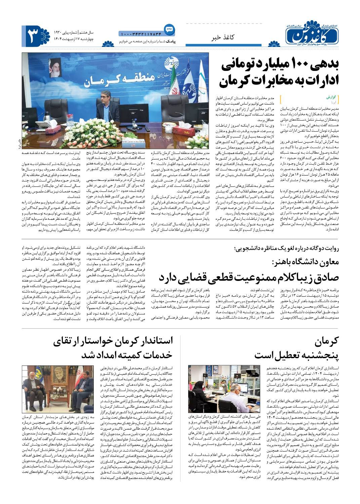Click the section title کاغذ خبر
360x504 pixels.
(222, 38)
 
